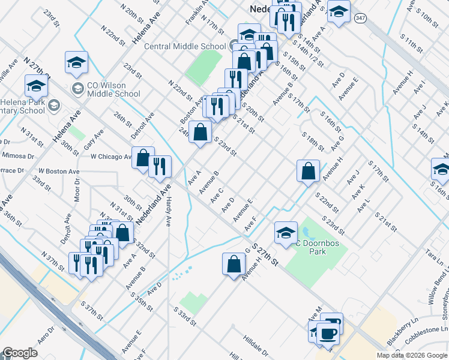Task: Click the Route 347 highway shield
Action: (x=360, y=19)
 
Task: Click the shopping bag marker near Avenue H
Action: (x=234, y=263)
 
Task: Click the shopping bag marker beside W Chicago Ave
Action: (x=143, y=158)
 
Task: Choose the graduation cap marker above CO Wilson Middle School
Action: (x=77, y=62)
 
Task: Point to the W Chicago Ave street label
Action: (x=110, y=157)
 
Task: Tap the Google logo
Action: (x=20, y=353)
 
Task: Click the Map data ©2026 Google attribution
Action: (x=411, y=355)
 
